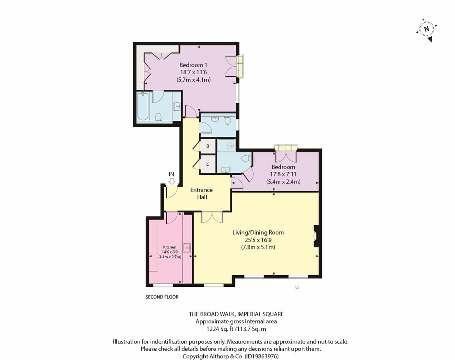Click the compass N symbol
point(426,29)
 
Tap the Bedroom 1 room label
point(193,65)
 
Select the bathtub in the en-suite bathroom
point(143,106)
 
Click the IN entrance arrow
point(172,181)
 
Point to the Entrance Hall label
point(202,193)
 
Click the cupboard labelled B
point(208,146)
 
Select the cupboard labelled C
point(208,164)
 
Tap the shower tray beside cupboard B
point(227,145)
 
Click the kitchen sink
point(187,248)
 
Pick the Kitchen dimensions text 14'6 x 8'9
point(170,252)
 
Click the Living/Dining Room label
point(258,233)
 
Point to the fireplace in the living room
point(316,236)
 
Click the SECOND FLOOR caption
point(162,297)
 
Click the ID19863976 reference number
point(261,356)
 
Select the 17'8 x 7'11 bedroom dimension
point(283,174)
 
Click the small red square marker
point(297,287)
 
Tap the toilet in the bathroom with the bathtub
point(158,117)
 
